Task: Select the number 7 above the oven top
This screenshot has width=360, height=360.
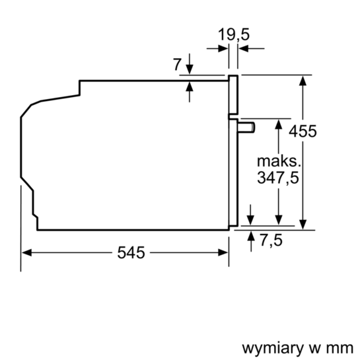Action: pyautogui.click(x=176, y=65)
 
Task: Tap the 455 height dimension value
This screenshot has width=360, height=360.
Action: pyautogui.click(x=303, y=131)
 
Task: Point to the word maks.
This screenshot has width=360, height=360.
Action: pyautogui.click(x=279, y=161)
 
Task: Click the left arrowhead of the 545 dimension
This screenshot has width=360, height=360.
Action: pyautogui.click(x=26, y=252)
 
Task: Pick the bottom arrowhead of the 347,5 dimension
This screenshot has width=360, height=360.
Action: pyautogui.click(x=279, y=221)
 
